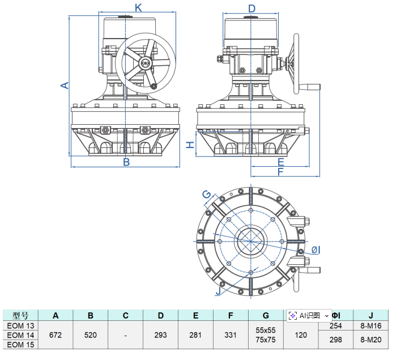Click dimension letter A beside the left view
[x=65, y=85]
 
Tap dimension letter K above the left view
[x=138, y=7]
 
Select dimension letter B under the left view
[x=126, y=162]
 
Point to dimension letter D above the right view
[x=252, y=8]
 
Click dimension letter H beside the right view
[x=191, y=144]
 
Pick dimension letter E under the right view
[x=281, y=162]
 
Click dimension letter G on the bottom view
[x=207, y=195]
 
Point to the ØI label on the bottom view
[x=316, y=250]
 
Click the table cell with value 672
[x=56, y=335]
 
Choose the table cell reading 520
[x=91, y=335]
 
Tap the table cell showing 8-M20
[x=371, y=340]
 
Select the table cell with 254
[x=336, y=326]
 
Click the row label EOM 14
[x=20, y=335]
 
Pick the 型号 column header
[x=20, y=315]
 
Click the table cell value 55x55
[x=266, y=330]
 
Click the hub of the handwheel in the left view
[x=146, y=63]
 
